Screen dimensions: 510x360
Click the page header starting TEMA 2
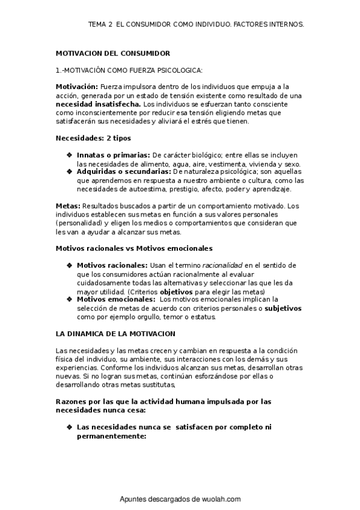[x=196, y=25]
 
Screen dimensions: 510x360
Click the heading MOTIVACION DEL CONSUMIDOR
[x=113, y=54]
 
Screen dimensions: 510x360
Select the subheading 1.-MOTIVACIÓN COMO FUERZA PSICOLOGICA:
[x=129, y=70]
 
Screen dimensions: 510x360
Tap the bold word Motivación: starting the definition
[x=77, y=87]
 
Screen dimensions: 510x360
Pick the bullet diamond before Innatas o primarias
[x=70, y=155]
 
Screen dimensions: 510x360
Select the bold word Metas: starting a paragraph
[x=67, y=206]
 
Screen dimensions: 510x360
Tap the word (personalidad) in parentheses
[x=81, y=223]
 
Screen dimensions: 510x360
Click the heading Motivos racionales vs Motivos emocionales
[x=134, y=248]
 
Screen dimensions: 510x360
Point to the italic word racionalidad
[x=222, y=265]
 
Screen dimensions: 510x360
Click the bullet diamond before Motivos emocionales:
[x=70, y=299]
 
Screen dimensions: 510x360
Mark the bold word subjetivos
[x=283, y=308]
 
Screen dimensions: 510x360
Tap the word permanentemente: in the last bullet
[x=112, y=436]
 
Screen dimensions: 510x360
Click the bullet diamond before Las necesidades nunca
[x=70, y=427]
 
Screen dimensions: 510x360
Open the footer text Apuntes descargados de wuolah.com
[x=180, y=499]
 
